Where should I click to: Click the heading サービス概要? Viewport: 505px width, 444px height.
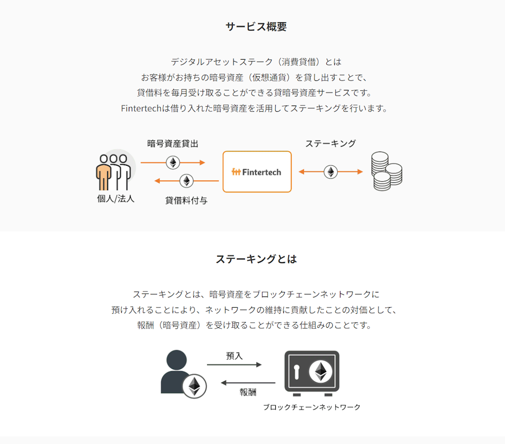(256, 26)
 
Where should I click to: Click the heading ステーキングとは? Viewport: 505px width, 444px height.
(256, 259)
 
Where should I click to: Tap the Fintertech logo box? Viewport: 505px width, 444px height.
(257, 172)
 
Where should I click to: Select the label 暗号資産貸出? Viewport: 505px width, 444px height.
(173, 143)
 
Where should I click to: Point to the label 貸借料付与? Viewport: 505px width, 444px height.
(186, 201)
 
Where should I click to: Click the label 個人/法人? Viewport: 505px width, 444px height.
(116, 199)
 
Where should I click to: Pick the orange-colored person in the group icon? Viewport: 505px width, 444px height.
(104, 172)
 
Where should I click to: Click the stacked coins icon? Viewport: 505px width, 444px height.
(386, 171)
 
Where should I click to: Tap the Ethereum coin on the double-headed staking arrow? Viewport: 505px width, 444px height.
(331, 172)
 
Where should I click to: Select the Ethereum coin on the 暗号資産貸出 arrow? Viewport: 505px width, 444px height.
(173, 162)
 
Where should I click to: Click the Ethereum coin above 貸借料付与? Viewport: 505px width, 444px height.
(186, 181)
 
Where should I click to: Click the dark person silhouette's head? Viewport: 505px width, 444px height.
(176, 360)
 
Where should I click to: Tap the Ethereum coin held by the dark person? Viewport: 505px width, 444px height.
(194, 386)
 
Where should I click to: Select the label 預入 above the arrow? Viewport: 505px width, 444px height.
(234, 356)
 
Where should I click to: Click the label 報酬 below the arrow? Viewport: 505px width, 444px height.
(248, 392)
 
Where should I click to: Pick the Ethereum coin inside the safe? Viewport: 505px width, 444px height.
(321, 371)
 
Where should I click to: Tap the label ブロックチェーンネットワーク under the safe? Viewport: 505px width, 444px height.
(312, 407)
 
